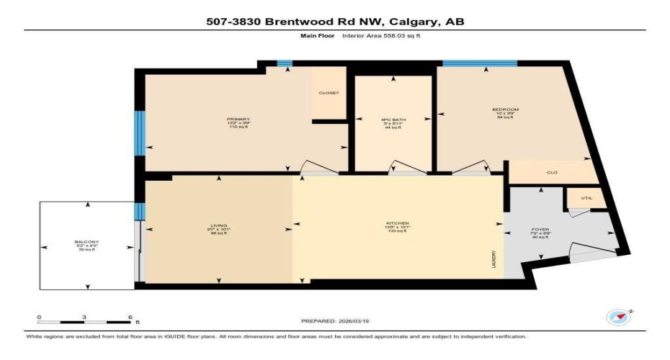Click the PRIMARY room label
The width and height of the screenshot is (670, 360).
pos(238,119)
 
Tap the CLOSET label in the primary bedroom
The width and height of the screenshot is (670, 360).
pos(329,93)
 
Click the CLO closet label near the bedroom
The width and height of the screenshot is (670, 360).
pos(552,172)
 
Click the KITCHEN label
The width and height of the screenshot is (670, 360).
pos(397,223)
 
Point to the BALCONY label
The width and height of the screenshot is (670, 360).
pos(86,241)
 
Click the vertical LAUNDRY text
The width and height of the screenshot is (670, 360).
pos(493,258)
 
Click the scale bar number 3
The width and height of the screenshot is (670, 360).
pos(84,316)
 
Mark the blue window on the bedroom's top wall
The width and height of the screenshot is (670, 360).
pos(479,64)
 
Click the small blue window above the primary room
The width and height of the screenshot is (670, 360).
pos(285,64)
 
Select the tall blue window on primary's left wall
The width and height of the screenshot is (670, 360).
pos(140,132)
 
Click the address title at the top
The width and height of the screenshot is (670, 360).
pos(334,22)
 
